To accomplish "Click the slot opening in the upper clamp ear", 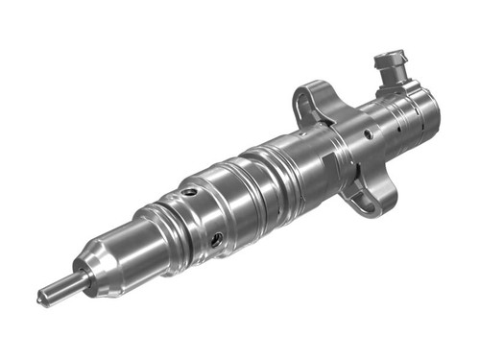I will tap(304, 96).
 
